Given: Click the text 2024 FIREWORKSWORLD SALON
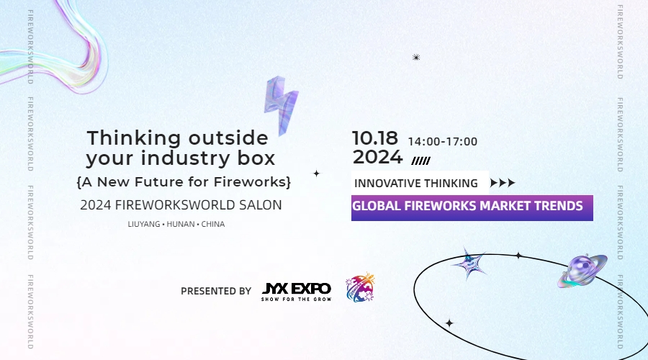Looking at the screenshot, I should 181,205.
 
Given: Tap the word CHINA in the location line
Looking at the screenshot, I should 213,224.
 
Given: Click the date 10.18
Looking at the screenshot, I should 374,138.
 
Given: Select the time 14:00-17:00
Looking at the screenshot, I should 442,142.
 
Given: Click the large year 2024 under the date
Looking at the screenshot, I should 377,157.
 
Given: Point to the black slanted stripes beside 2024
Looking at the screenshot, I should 420,161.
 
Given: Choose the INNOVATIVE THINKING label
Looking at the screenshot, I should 416,183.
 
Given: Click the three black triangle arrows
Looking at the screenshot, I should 503,183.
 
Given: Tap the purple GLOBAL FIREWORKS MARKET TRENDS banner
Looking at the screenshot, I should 472,207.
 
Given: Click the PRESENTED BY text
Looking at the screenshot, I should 216,291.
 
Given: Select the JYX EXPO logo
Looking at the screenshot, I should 296,291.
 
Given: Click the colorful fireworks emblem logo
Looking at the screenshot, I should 360,288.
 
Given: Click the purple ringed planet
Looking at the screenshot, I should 582,270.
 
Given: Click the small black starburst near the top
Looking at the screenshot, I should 416,58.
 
